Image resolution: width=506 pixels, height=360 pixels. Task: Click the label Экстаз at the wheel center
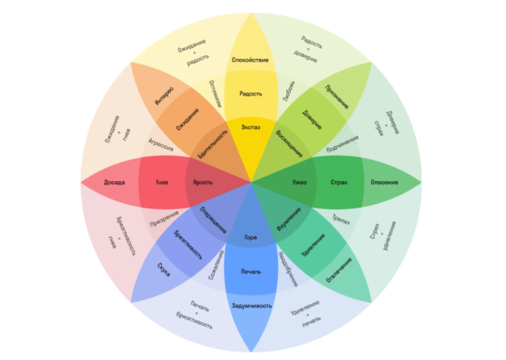pyautogui.click(x=251, y=127)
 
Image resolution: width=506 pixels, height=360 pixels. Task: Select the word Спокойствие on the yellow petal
pyautogui.click(x=250, y=60)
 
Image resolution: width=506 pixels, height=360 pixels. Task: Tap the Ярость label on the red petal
pyautogui.click(x=203, y=182)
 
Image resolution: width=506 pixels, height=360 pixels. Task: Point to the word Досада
pyautogui.click(x=114, y=182)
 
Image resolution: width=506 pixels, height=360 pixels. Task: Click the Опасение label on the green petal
pyautogui.click(x=384, y=182)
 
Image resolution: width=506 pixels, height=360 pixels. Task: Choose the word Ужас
pyautogui.click(x=300, y=182)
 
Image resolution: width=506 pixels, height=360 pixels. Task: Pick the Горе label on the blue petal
pyautogui.click(x=250, y=237)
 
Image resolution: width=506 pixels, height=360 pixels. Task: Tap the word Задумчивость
pyautogui.click(x=251, y=306)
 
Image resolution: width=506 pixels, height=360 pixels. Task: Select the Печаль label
pyautogui.click(x=251, y=272)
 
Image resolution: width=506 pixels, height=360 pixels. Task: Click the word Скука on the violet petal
pyautogui.click(x=164, y=270)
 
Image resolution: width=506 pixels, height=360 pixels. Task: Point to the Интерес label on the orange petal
pyautogui.click(x=164, y=96)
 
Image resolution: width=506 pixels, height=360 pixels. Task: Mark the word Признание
pyautogui.click(x=337, y=97)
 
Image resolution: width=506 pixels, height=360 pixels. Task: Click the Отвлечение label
pyautogui.click(x=339, y=270)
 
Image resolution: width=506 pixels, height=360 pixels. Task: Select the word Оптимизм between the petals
pyautogui.click(x=215, y=94)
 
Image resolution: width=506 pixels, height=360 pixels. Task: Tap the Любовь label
pyautogui.click(x=289, y=91)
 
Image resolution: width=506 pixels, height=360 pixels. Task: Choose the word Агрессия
pyautogui.click(x=161, y=144)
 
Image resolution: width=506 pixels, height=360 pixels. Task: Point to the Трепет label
pyautogui.click(x=341, y=220)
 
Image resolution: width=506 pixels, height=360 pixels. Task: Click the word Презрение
pyautogui.click(x=164, y=219)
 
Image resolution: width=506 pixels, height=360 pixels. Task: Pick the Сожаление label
pyautogui.click(x=216, y=265)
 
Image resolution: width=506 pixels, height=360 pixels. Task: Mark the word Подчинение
pyautogui.click(x=342, y=143)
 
